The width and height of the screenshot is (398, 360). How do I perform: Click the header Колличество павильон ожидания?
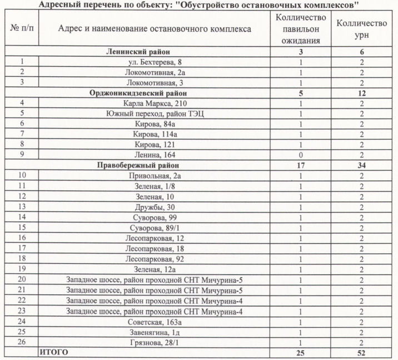click(301, 29)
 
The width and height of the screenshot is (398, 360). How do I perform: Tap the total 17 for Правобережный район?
click(301, 165)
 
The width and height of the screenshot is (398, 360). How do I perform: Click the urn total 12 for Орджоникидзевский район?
click(362, 93)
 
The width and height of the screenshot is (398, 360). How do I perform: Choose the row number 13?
click(22, 206)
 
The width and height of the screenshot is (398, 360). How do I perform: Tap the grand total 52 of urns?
click(362, 352)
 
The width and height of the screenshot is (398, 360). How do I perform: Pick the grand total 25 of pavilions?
click(301, 352)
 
